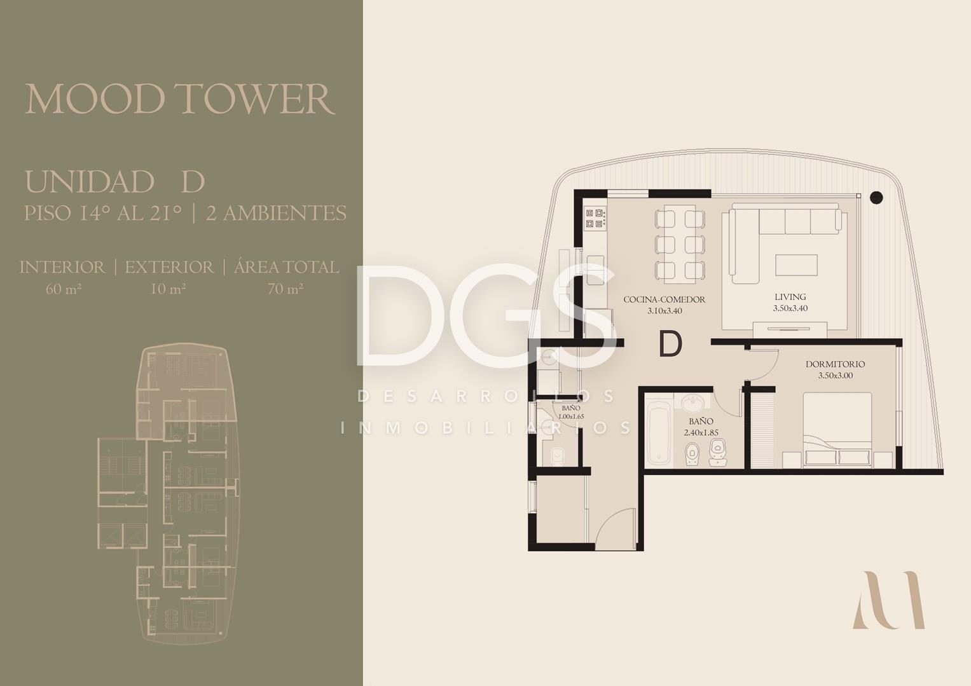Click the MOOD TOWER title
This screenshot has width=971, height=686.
(180, 99)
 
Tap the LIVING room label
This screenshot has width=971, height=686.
(790, 297)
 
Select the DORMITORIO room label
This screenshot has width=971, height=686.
(836, 364)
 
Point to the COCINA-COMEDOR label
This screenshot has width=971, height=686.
(665, 299)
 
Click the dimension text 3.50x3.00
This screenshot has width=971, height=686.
(836, 376)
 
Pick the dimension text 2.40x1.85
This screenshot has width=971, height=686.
(701, 432)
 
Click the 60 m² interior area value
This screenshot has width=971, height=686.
(64, 289)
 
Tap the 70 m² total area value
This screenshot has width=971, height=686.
(286, 289)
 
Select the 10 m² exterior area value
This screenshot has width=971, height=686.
(168, 289)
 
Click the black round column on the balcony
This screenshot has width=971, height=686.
(876, 198)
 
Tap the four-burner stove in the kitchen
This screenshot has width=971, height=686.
(595, 218)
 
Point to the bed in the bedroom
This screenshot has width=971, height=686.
(837, 429)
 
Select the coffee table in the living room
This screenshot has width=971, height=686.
(796, 265)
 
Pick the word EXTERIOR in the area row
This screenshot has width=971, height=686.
(170, 268)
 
